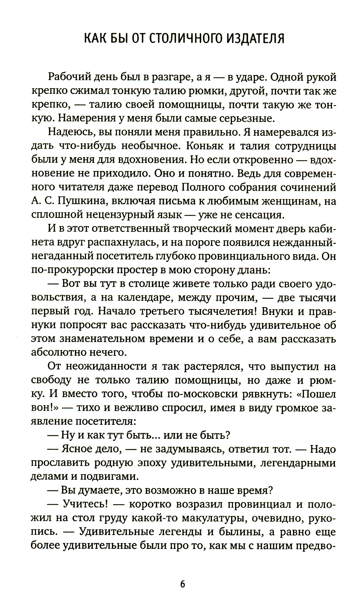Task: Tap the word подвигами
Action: click(x=109, y=476)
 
